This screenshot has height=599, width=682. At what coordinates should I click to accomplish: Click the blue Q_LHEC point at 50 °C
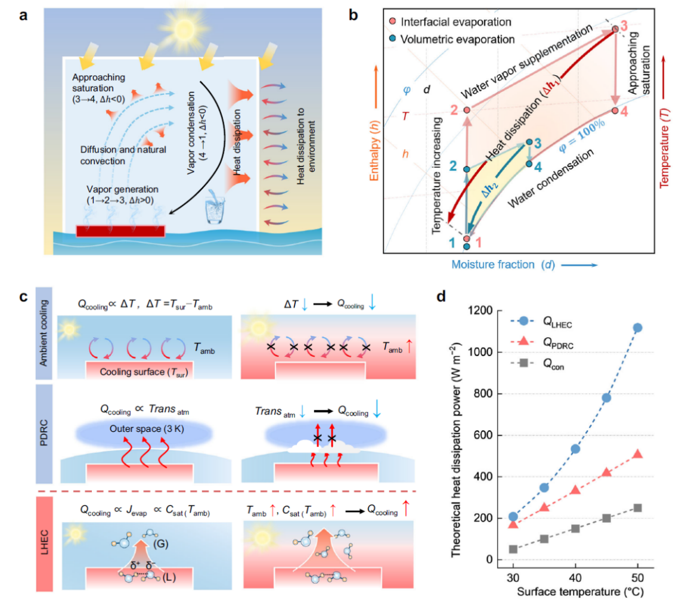637,328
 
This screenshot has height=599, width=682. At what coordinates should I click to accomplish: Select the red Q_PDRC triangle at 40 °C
575,490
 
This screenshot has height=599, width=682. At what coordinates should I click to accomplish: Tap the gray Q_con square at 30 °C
513,549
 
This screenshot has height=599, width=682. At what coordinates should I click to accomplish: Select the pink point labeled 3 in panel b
615,29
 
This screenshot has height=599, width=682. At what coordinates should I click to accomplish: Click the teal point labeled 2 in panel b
467,169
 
